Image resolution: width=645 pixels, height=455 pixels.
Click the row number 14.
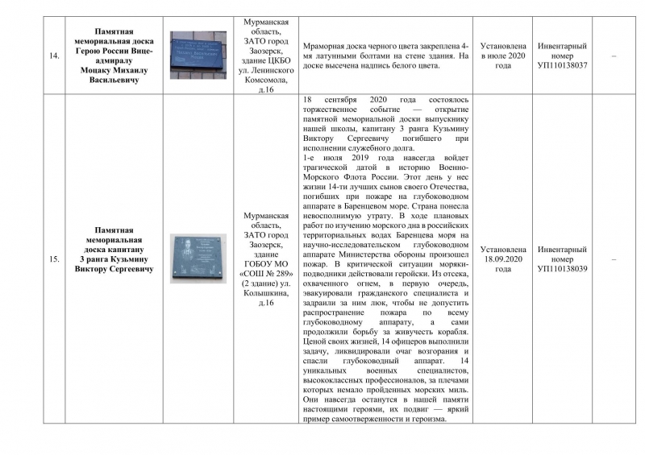[55, 56]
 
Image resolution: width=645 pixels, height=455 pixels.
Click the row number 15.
[55, 259]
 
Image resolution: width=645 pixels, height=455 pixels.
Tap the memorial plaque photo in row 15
[198, 259]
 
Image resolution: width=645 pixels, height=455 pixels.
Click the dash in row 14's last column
[615, 56]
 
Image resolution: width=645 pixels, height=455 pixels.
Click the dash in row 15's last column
[615, 259]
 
